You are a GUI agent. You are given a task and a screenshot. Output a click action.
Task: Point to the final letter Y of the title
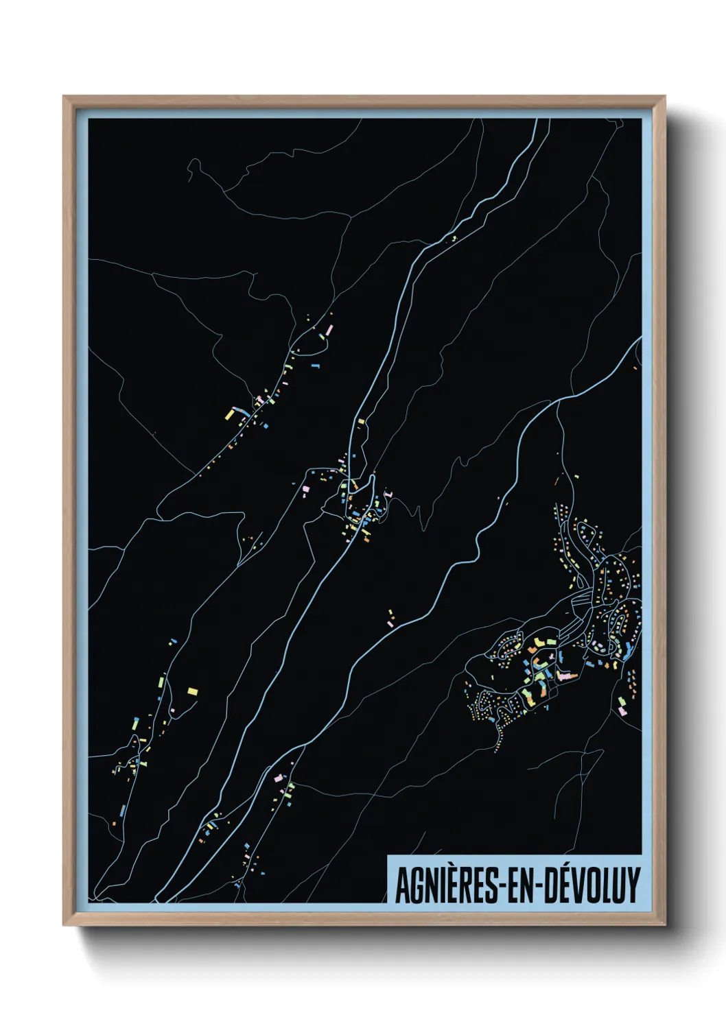pyautogui.click(x=633, y=885)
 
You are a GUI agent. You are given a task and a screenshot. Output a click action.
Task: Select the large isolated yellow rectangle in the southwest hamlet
pyautogui.click(x=193, y=691)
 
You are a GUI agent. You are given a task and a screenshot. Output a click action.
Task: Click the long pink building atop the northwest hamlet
pyautogui.click(x=328, y=331)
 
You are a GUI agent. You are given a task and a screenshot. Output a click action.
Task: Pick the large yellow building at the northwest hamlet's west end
pyautogui.click(x=231, y=414)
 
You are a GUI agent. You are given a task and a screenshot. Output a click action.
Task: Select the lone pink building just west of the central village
pyautogui.click(x=306, y=488)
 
